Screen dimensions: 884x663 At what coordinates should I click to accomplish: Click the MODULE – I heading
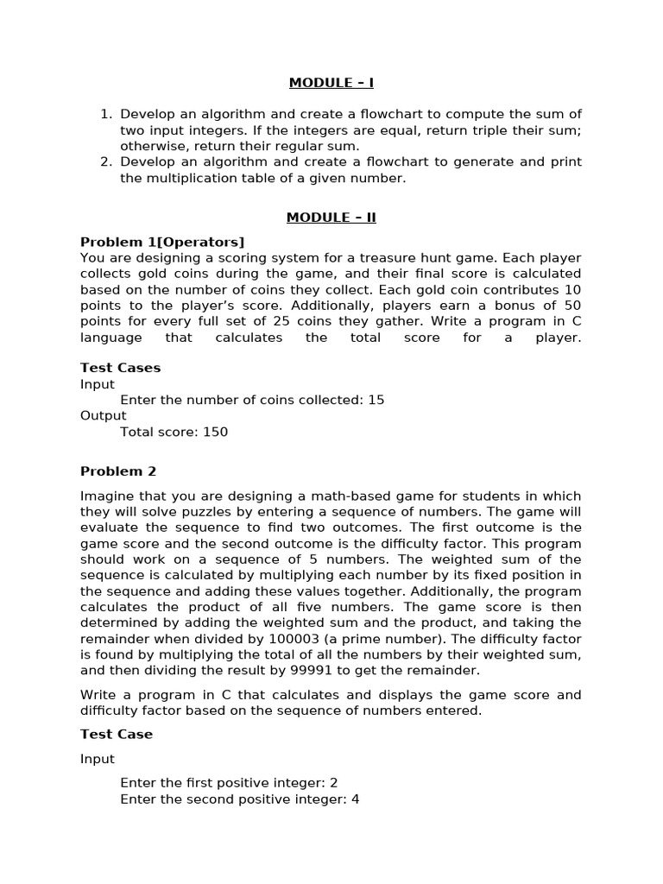point(331,83)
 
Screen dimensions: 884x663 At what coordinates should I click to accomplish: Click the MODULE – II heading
point(331,218)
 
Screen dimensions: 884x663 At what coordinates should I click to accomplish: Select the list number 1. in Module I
point(106,114)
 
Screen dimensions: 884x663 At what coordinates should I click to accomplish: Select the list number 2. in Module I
point(106,162)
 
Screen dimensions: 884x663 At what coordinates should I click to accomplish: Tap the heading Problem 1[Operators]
point(162,242)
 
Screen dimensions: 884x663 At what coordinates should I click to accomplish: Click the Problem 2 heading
point(118,471)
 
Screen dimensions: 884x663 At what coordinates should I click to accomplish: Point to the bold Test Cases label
point(120,368)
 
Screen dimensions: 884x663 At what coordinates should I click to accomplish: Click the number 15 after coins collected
point(376,400)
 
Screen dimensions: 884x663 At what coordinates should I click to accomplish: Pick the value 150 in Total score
point(215,432)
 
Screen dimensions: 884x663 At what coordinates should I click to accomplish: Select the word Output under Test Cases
point(103,415)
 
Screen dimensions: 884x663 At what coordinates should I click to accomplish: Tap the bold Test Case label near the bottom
point(117,735)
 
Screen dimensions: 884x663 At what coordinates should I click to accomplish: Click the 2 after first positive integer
point(333,783)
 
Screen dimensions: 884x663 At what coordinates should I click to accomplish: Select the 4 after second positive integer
point(355,799)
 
